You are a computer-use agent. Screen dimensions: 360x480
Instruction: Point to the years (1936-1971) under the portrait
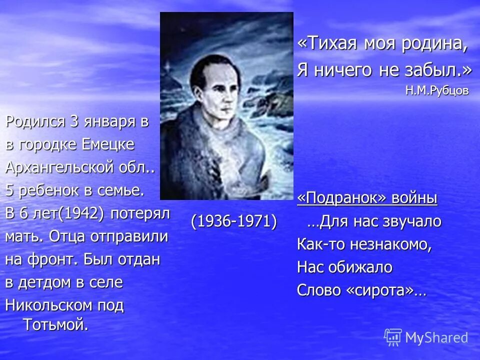point(233,220)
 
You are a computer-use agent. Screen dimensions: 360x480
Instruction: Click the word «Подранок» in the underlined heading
point(339,198)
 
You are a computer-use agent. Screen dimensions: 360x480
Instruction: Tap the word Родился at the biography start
point(34,122)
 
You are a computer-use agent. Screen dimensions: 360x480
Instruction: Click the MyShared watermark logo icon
point(393,337)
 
